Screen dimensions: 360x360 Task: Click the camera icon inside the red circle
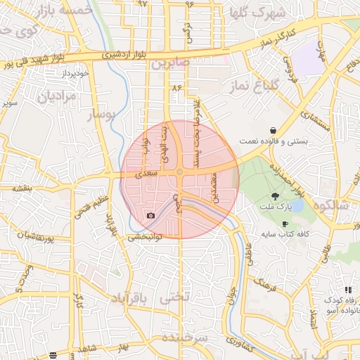[x=150, y=215]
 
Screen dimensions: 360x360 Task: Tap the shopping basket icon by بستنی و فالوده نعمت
[x=272, y=130]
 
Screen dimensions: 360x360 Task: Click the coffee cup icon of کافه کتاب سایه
[x=285, y=224]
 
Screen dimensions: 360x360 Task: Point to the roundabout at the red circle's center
[x=180, y=172]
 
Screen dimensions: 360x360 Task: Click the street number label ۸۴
[x=176, y=88]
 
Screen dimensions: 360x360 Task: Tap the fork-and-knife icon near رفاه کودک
[x=347, y=290]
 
